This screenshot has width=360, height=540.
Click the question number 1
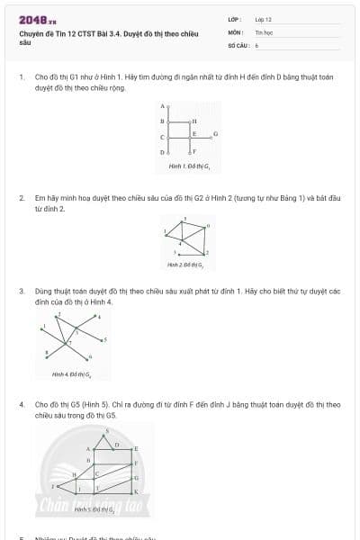[21, 77]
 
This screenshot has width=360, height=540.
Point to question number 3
[21, 292]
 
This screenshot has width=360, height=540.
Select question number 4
[21, 405]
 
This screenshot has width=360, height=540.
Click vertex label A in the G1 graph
[162, 106]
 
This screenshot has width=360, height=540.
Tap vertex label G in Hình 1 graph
[215, 133]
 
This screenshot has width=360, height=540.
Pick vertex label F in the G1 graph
[194, 152]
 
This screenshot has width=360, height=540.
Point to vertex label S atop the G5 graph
[108, 430]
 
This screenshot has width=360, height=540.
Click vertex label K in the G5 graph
[135, 492]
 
